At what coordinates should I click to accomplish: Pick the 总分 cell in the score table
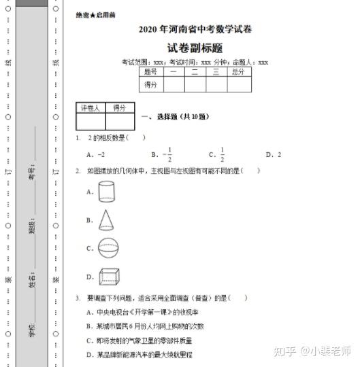238,71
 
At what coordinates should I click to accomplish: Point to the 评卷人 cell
90,108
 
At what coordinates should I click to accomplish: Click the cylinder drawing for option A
108,192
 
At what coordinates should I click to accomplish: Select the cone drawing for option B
107,220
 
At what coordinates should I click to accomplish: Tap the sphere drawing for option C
108,248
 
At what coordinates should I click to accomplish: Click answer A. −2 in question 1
96,155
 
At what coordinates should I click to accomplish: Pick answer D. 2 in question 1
274,155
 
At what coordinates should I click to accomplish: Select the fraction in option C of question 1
222,155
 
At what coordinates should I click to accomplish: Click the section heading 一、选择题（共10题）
175,117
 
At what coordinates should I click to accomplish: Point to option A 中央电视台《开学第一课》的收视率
142,312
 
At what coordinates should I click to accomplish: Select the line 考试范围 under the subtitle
195,62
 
